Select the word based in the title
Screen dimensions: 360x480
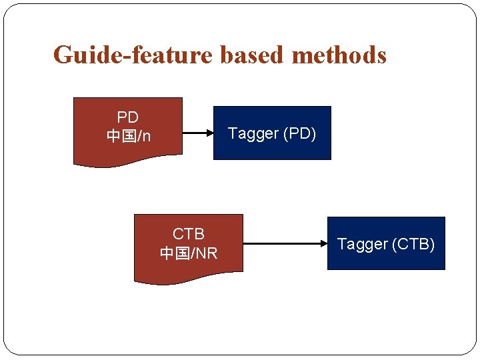251,55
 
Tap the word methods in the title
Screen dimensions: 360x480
339,55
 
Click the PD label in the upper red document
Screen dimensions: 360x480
127,118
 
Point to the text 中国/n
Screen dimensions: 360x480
128,137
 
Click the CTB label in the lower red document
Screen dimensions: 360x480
189,235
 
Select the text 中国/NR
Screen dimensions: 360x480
189,254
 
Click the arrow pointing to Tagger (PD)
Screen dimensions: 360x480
197,133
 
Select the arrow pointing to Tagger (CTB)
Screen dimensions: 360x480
283,244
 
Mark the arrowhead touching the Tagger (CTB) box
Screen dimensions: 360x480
323,244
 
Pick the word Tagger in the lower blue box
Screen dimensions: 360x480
362,245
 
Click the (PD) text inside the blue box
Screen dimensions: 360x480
300,134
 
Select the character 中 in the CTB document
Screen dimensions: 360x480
167,254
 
